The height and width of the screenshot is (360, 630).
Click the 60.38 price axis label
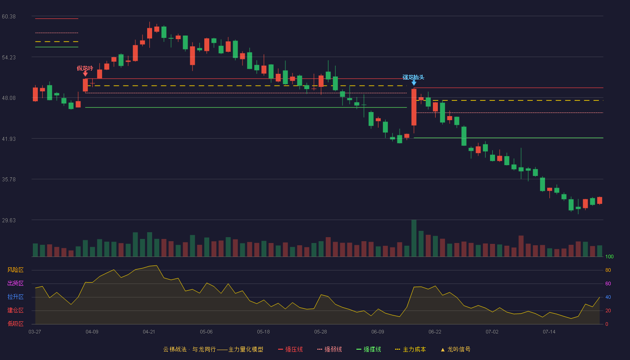point(9,17)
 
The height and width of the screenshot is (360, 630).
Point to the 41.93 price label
point(9,139)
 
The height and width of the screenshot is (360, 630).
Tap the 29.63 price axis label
point(9,220)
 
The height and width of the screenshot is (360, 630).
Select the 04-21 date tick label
point(149,332)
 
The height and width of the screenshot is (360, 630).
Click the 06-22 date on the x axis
point(435,332)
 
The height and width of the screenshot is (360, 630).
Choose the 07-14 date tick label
point(549,332)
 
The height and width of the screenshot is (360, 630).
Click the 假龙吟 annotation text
point(85,68)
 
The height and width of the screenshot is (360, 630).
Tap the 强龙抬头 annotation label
point(413,77)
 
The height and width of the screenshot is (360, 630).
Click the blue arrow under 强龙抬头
point(414,83)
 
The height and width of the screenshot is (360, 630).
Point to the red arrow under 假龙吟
point(85,74)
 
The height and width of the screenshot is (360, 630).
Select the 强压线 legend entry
point(290,349)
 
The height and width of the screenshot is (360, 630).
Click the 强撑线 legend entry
point(369,349)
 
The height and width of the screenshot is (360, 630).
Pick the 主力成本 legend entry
point(410,349)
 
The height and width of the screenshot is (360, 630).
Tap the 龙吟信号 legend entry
point(455,349)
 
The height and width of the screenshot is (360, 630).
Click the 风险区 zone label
point(15,270)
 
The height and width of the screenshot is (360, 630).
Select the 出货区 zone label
point(15,283)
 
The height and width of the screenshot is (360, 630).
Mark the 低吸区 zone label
point(15,324)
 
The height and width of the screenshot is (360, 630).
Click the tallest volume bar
point(414,238)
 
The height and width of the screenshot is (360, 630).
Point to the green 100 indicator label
point(609,256)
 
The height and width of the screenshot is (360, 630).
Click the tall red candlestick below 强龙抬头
point(414,107)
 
